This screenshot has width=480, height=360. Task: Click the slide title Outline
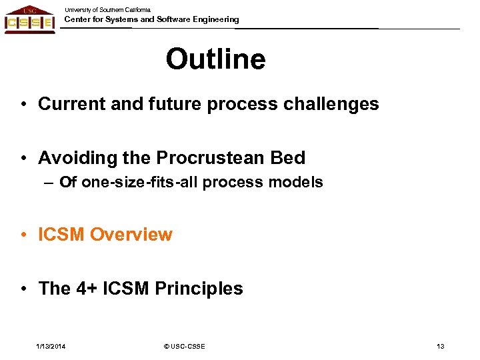(215, 59)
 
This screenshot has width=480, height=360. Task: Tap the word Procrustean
(211, 158)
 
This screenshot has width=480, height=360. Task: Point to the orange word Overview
(131, 235)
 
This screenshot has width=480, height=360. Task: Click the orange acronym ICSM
(61, 235)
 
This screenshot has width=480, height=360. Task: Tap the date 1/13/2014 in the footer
(51, 346)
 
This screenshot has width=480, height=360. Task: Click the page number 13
(440, 346)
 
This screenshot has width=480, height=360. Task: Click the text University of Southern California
(107, 10)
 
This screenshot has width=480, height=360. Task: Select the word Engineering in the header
(213, 19)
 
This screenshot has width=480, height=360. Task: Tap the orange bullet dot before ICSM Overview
(23, 235)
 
